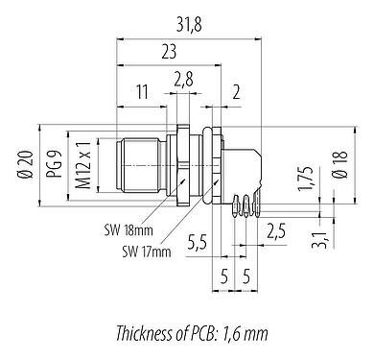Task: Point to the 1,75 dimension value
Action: pyautogui.click(x=305, y=179)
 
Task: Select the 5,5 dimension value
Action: pyautogui.click(x=197, y=241)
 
